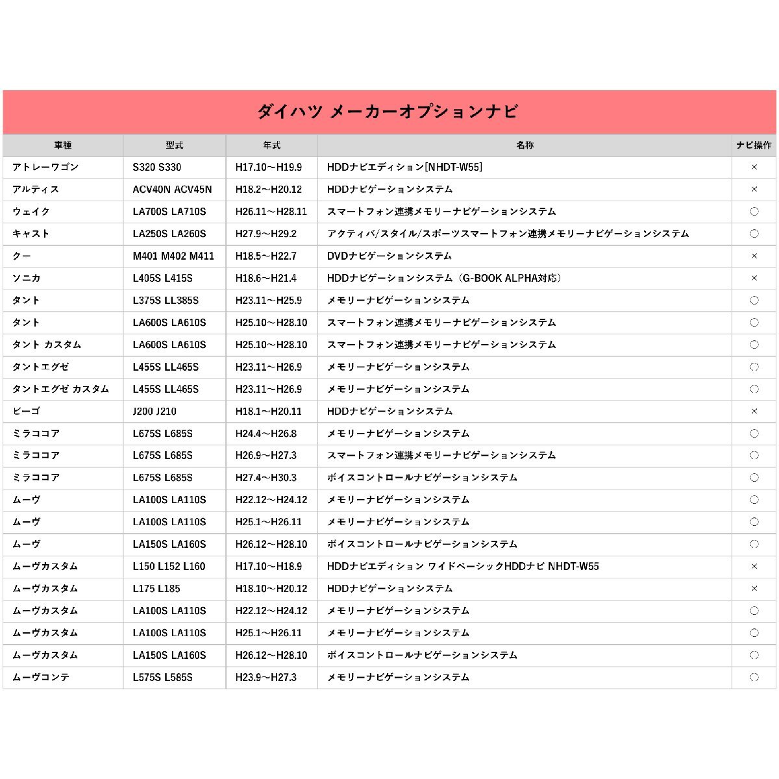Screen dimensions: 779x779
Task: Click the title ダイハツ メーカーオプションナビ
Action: [x=388, y=112]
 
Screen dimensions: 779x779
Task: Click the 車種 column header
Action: [x=63, y=145]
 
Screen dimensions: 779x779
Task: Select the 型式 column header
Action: [x=174, y=145]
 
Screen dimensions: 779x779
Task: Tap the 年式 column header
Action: [x=271, y=145]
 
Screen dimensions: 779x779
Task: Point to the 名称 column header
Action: [x=525, y=145]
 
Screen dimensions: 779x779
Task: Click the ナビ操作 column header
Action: [x=754, y=145]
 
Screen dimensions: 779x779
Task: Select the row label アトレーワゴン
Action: [x=45, y=167]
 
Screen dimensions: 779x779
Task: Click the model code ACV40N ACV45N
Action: [x=172, y=190]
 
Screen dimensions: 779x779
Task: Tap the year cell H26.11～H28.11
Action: [x=271, y=212]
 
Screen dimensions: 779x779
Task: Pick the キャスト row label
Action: [x=31, y=234]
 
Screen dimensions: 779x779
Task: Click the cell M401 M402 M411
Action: [x=173, y=256]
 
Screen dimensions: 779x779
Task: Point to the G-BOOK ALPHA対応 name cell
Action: [x=444, y=278]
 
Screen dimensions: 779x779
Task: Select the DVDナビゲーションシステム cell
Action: [x=389, y=256]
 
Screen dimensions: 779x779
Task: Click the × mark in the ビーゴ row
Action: [x=754, y=412]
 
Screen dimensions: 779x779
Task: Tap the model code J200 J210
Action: [x=155, y=412]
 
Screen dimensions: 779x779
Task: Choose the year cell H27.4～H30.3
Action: [x=266, y=478]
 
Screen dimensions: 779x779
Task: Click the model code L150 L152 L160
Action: [x=169, y=567]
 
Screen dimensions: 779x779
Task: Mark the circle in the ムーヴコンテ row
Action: [x=754, y=677]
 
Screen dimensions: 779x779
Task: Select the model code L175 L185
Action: [x=156, y=589]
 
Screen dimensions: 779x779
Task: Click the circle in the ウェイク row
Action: [x=754, y=212]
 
